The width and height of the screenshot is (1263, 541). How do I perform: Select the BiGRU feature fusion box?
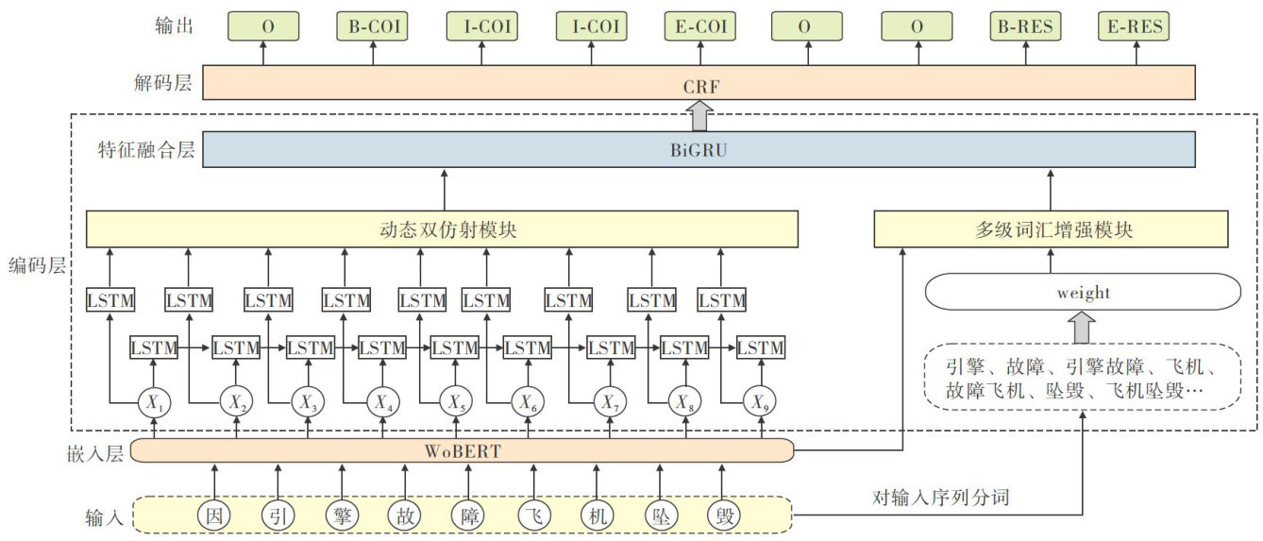pos(699,149)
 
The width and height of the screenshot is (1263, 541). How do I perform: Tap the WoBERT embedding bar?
pos(462,450)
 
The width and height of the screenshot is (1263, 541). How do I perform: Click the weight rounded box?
pos(1083,293)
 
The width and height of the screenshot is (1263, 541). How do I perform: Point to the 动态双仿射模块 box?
pos(442,229)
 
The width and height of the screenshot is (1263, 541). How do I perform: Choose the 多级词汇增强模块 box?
pos(1051,229)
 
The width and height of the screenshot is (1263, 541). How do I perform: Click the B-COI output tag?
pos(372,26)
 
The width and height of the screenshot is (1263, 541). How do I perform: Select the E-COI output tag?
pos(700,26)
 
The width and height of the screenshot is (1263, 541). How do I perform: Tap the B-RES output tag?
pos(1025,26)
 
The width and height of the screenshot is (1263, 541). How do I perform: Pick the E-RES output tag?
pos(1132,26)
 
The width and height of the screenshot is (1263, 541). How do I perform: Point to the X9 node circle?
pos(758,402)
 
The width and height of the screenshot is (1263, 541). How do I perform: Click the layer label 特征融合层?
pos(145,149)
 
